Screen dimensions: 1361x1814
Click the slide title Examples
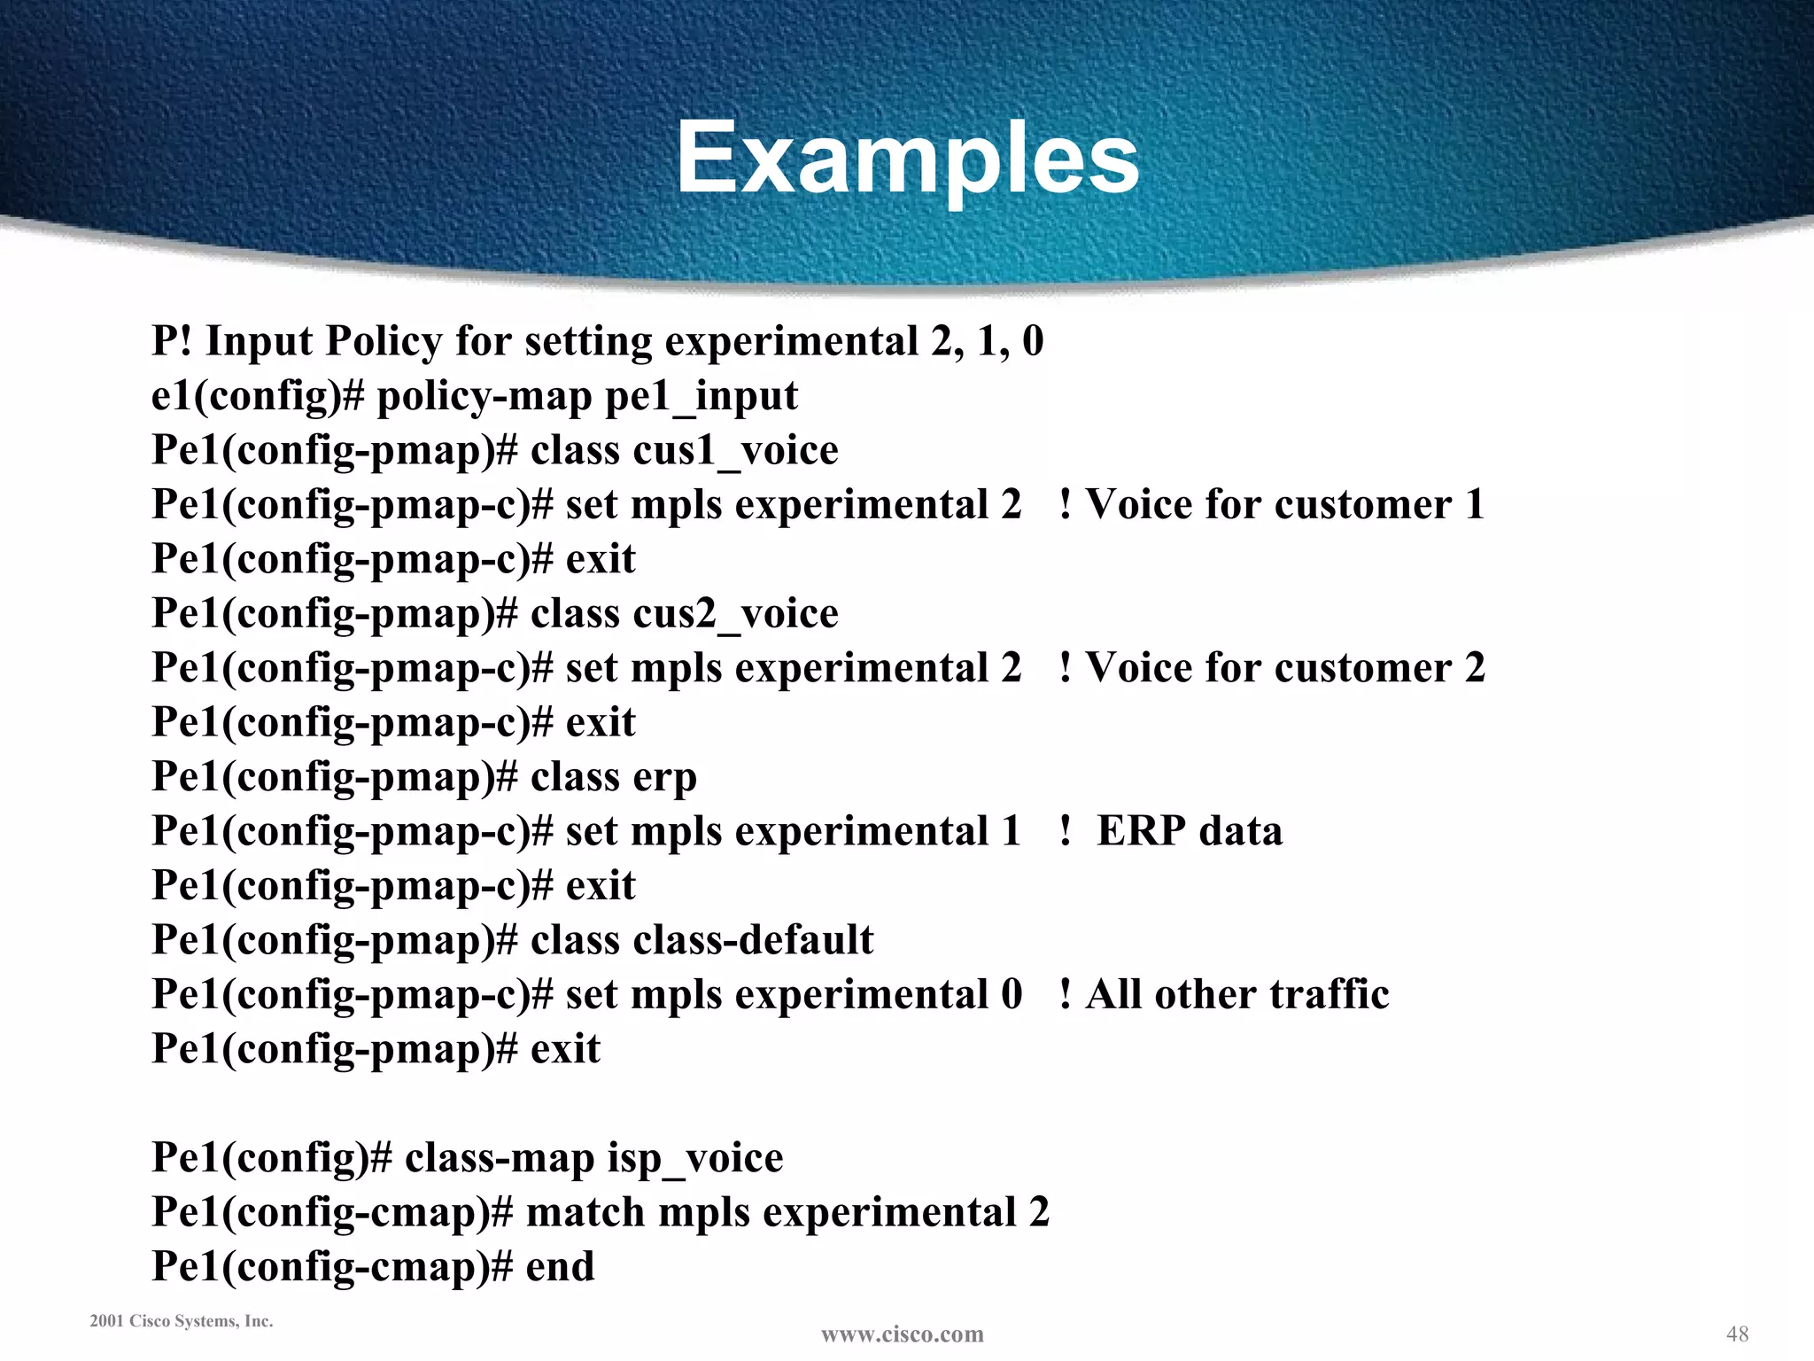[907, 159]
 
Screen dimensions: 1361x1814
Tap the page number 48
[1737, 1333]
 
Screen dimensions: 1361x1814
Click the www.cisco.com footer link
[902, 1334]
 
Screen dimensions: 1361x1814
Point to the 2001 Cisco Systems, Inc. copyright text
[182, 1321]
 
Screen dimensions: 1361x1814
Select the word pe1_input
[702, 396]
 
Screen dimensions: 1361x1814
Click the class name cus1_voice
[735, 450]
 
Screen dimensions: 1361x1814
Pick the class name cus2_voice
[735, 613]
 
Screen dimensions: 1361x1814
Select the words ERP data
[1189, 831]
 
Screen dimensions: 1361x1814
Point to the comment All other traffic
[1236, 994]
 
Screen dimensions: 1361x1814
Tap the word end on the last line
[560, 1266]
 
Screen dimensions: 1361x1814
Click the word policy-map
[485, 396]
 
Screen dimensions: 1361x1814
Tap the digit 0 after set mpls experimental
[1012, 994]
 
